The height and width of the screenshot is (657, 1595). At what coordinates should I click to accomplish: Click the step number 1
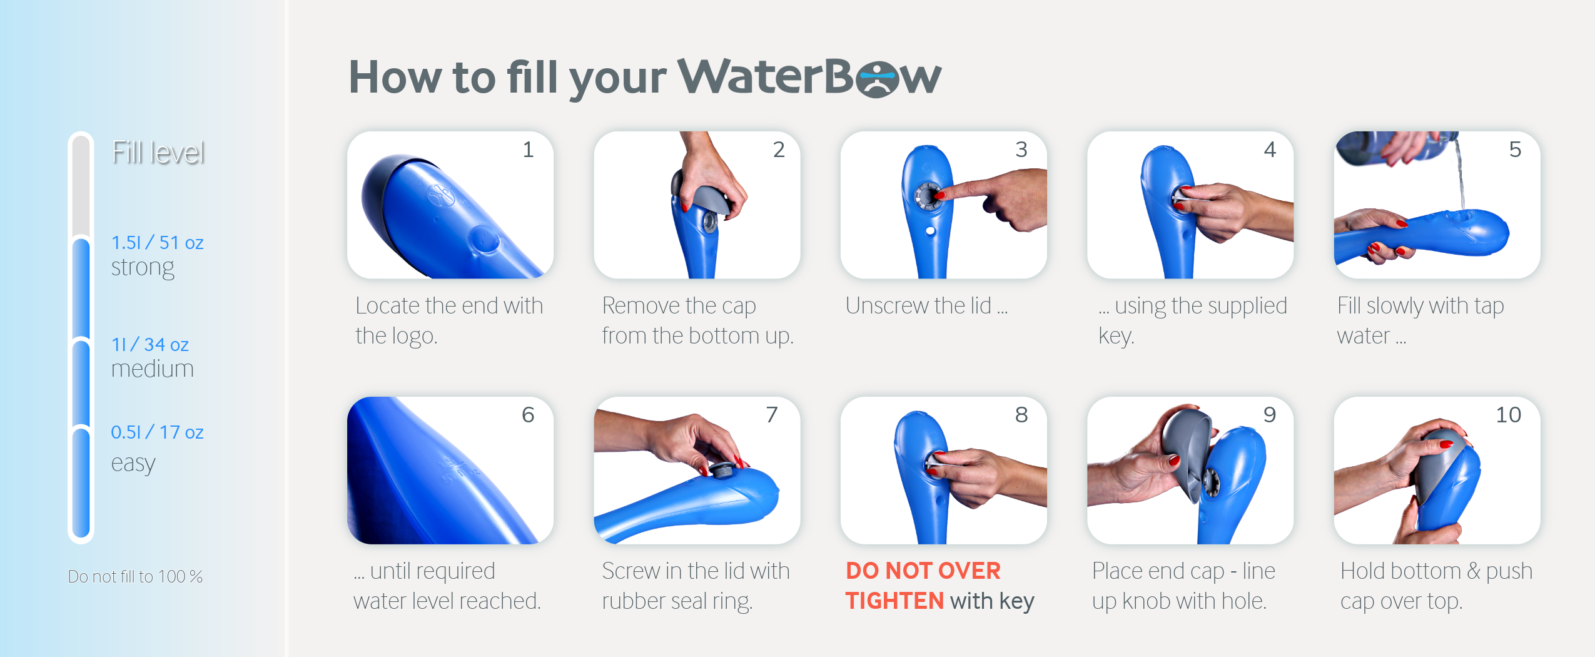pyautogui.click(x=529, y=150)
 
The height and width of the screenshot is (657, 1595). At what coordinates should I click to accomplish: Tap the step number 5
pyautogui.click(x=1515, y=150)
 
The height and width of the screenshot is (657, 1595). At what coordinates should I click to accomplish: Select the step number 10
pyautogui.click(x=1508, y=415)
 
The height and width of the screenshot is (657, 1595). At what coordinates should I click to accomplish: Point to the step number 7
pyautogui.click(x=772, y=415)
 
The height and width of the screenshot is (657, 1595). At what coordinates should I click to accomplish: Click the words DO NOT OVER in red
pyautogui.click(x=923, y=571)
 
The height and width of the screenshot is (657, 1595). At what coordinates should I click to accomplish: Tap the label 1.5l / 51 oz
pyautogui.click(x=157, y=243)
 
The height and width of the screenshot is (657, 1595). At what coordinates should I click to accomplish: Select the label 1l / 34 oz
pyautogui.click(x=149, y=345)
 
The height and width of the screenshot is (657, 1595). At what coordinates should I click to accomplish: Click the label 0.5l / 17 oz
pyautogui.click(x=157, y=432)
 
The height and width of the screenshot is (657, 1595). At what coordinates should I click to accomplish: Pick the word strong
pyautogui.click(x=143, y=268)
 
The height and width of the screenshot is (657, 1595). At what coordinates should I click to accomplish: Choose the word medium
pyautogui.click(x=153, y=369)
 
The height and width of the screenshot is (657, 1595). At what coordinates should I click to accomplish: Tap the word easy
pyautogui.click(x=133, y=464)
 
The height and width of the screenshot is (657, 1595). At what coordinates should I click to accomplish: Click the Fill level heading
pyautogui.click(x=158, y=153)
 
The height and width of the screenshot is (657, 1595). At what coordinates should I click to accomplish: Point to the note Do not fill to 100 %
pyautogui.click(x=135, y=576)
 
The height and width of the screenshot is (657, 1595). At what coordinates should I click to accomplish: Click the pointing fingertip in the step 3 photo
pyautogui.click(x=939, y=195)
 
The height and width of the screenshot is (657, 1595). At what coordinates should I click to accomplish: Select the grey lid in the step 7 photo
pyautogui.click(x=723, y=471)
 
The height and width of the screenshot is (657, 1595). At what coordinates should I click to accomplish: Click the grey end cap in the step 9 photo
pyautogui.click(x=1187, y=452)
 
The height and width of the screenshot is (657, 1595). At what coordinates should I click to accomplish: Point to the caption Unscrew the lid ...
pyautogui.click(x=918, y=306)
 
